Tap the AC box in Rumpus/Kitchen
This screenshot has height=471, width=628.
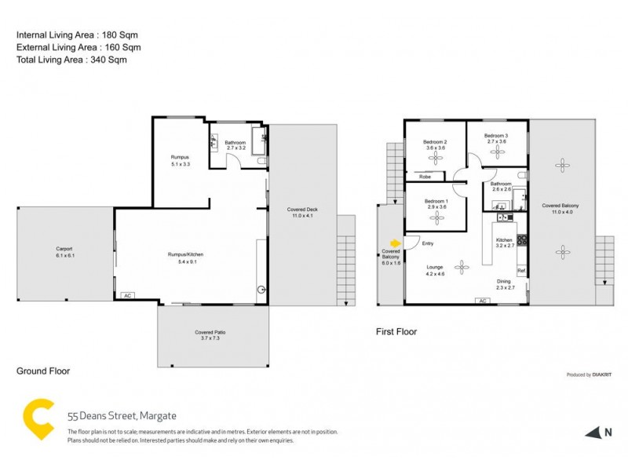126,296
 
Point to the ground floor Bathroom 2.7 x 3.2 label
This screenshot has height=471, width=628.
236,145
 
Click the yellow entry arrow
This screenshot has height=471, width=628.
395,242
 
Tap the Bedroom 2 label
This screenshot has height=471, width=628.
436,145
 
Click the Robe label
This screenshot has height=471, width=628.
425,177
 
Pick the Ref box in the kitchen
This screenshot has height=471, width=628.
520,271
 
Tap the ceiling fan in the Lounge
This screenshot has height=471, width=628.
463,267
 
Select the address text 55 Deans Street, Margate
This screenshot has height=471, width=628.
110,416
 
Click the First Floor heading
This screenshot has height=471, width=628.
396,332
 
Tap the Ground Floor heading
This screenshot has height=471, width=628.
43,371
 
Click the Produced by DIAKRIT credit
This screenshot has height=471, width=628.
590,374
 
